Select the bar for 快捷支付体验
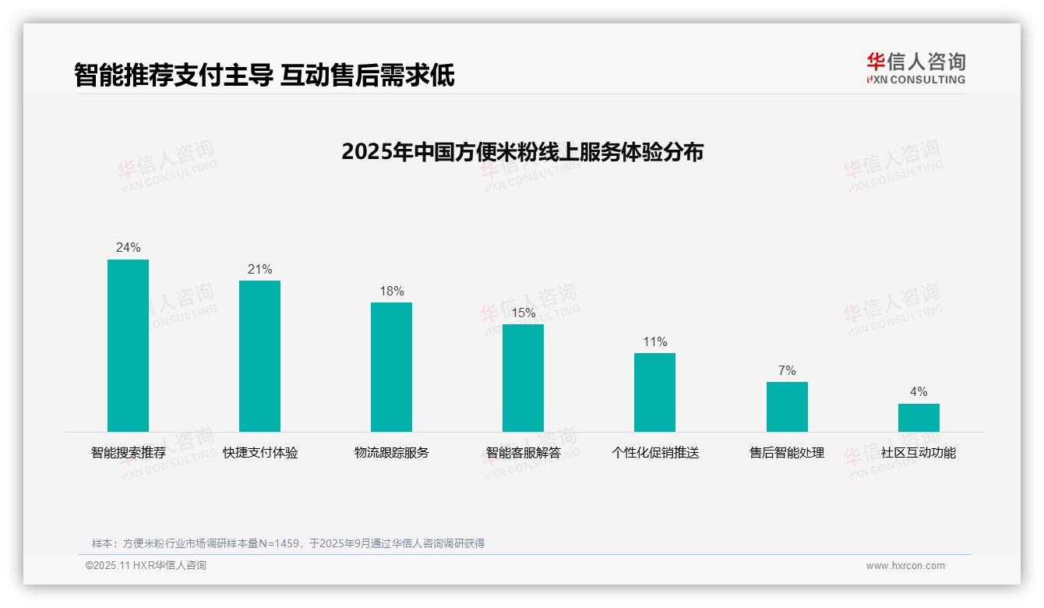(x=259, y=356)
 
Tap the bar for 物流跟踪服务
(x=391, y=367)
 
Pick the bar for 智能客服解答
(x=523, y=378)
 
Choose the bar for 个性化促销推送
(x=654, y=392)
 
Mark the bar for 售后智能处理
(x=787, y=407)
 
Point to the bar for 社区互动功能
(x=919, y=418)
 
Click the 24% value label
(x=128, y=248)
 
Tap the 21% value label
(x=259, y=270)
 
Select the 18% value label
(x=391, y=292)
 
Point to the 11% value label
(x=654, y=342)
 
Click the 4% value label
(x=919, y=392)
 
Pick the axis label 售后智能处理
(x=787, y=453)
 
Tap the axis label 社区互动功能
(x=919, y=453)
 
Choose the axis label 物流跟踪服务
(x=391, y=453)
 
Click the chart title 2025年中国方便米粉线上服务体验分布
(x=522, y=152)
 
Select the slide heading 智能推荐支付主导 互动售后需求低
(x=264, y=75)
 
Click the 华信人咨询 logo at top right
(x=915, y=68)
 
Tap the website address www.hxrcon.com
(x=905, y=566)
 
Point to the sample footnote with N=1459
(x=288, y=543)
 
